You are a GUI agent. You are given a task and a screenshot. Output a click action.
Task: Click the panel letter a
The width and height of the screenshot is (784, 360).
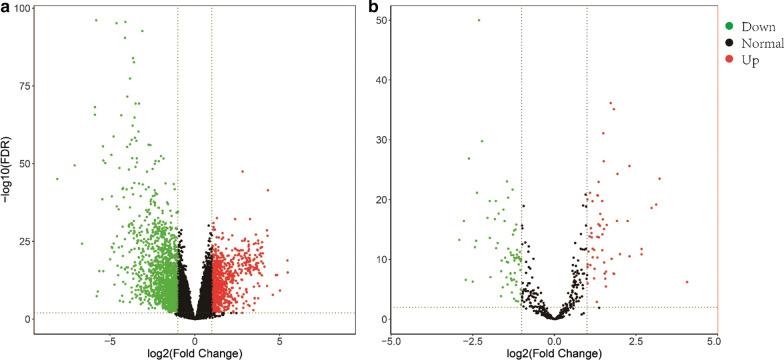(x=5, y=8)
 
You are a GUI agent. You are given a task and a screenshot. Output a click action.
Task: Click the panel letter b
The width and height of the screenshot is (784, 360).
(x=373, y=8)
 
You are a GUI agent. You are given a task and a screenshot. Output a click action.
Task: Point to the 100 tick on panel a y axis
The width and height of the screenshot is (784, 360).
(x=24, y=9)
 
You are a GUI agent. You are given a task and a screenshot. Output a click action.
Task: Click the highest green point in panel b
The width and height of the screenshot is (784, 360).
(x=478, y=20)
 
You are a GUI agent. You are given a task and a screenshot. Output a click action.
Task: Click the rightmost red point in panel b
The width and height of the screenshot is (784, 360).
(x=687, y=282)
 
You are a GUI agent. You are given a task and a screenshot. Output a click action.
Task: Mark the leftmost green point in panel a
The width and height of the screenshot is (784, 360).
(x=57, y=179)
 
